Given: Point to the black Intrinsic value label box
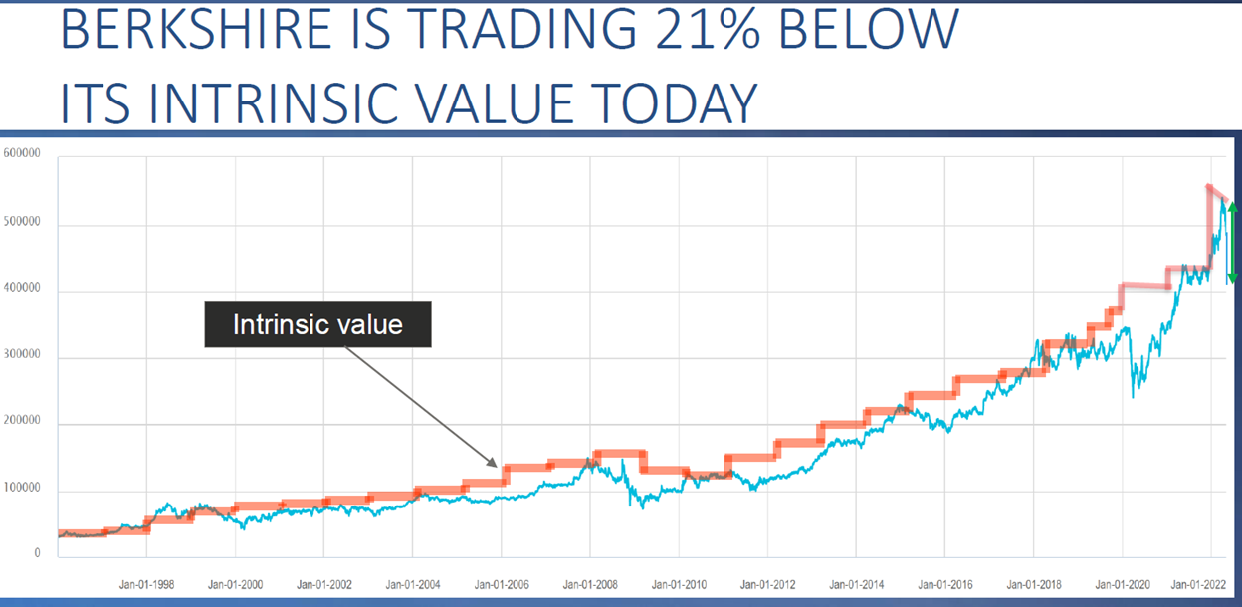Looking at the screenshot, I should (317, 324).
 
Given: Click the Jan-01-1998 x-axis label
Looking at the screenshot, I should (147, 586).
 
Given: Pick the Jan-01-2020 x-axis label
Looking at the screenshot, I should (1122, 586).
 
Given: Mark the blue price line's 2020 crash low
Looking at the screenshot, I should (1134, 397).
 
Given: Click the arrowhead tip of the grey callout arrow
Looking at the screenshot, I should (495, 466).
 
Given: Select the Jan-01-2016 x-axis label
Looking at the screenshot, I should (944, 586).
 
